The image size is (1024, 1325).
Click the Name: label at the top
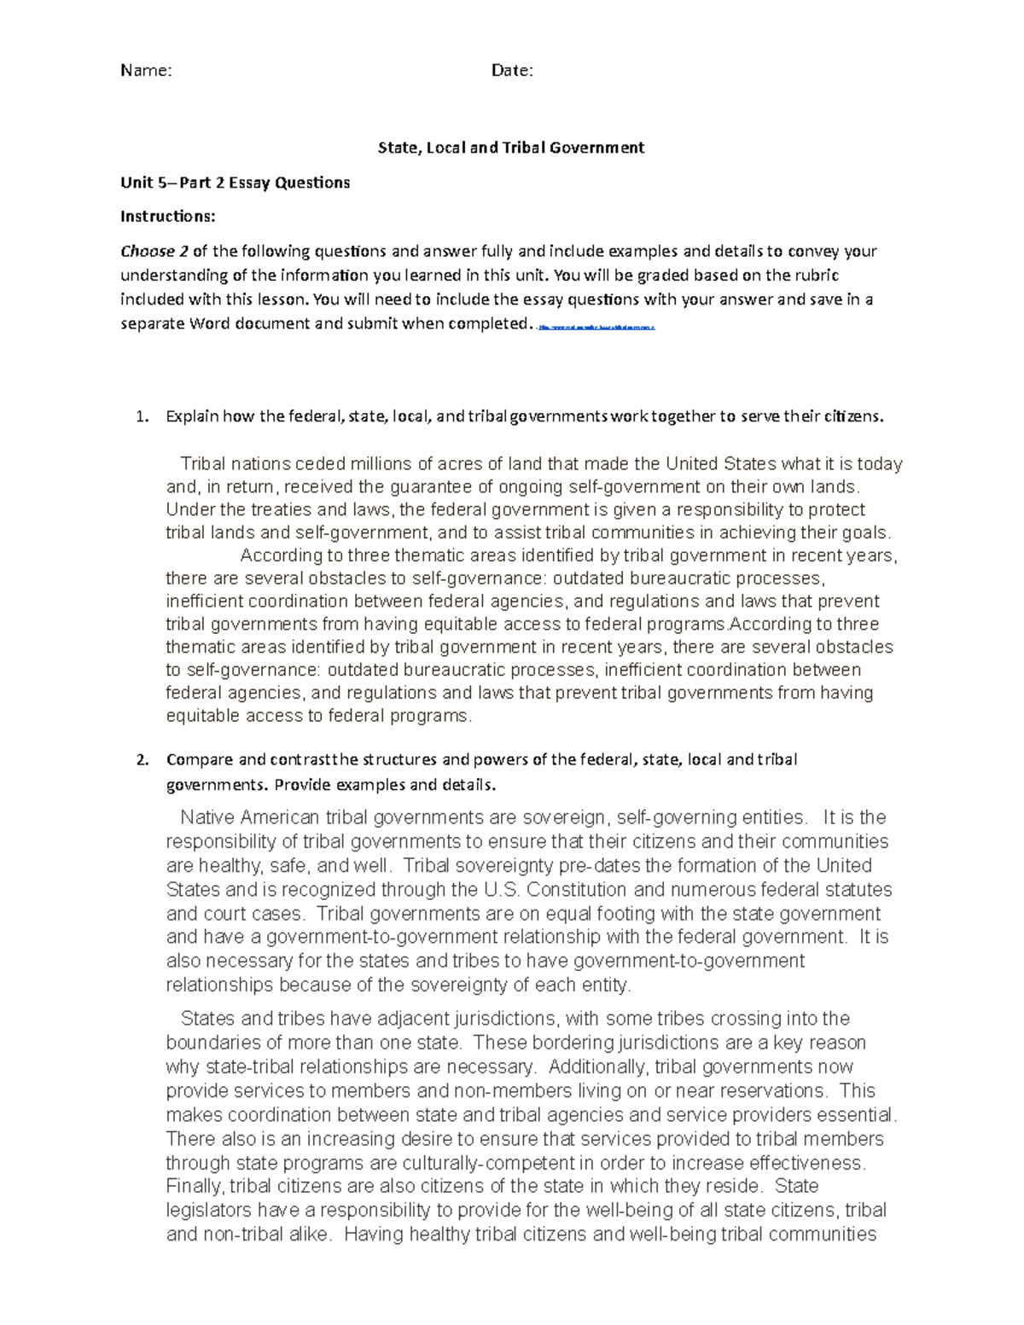pyautogui.click(x=146, y=71)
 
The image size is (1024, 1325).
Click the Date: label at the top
pyautogui.click(x=512, y=71)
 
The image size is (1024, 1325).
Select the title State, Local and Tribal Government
pyautogui.click(x=511, y=148)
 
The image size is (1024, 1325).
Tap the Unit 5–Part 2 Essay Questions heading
pyautogui.click(x=235, y=183)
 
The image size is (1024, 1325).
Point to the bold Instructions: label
pyautogui.click(x=167, y=217)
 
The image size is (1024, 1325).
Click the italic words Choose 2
pyautogui.click(x=154, y=252)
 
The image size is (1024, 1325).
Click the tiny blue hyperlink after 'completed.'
pyautogui.click(x=596, y=327)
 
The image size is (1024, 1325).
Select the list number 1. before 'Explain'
pyautogui.click(x=143, y=417)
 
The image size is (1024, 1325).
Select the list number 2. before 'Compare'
pyautogui.click(x=143, y=760)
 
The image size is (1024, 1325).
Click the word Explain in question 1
pyautogui.click(x=193, y=417)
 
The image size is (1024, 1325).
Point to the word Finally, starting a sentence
pyautogui.click(x=195, y=1186)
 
